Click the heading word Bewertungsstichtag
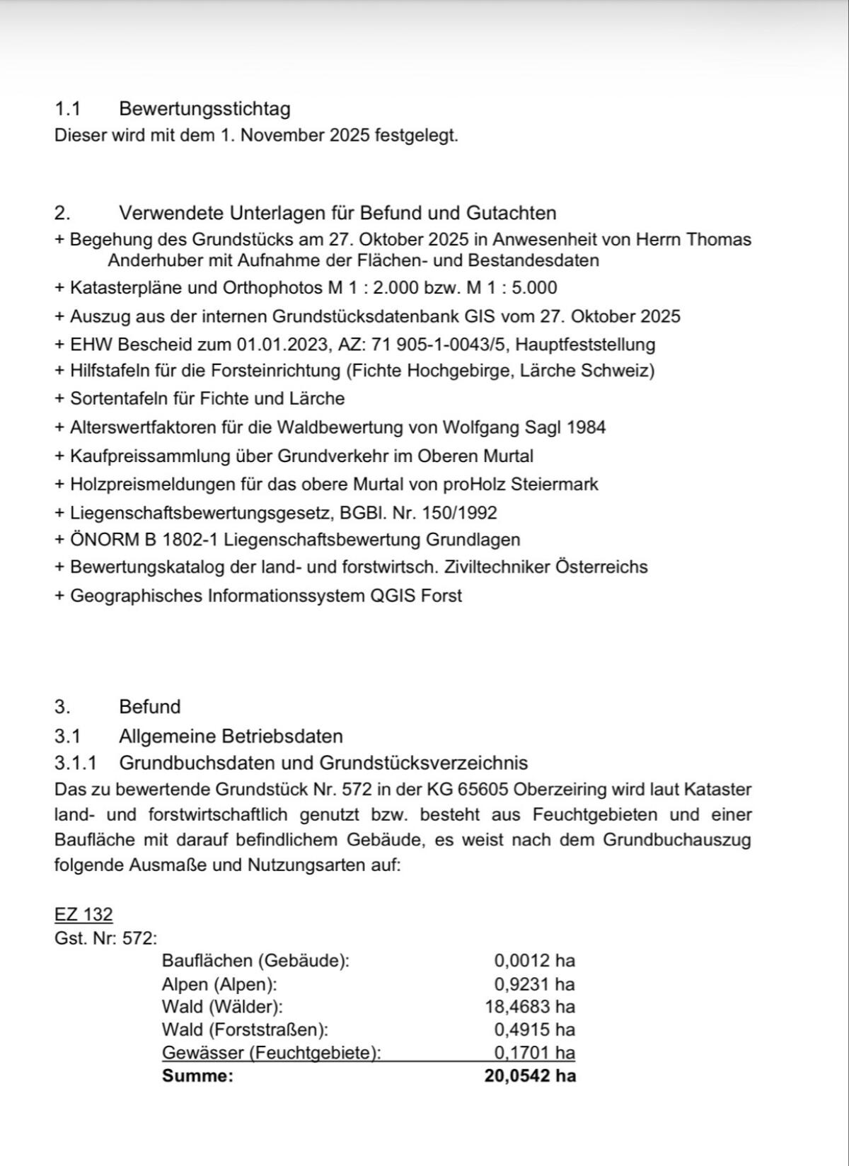[x=204, y=109]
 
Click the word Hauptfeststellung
[x=585, y=345]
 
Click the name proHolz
[x=474, y=485]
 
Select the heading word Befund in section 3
[x=150, y=707]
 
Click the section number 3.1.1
[x=76, y=763]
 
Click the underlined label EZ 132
[x=83, y=914]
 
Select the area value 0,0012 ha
[x=534, y=961]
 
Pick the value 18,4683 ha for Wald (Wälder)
[x=530, y=1007]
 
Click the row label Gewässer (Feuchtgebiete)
[x=271, y=1053]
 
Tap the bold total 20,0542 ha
[x=530, y=1076]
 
